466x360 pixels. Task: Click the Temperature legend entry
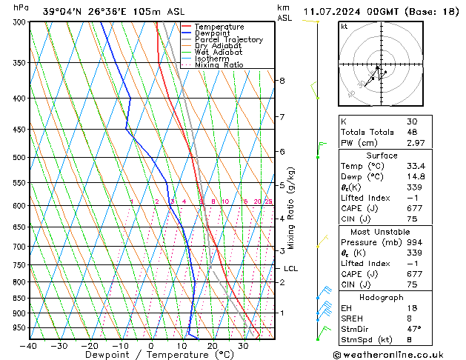pyautogui.click(x=220, y=27)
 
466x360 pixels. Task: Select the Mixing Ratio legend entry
pyautogui.click(x=219, y=65)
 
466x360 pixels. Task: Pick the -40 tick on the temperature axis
pyautogui.click(x=30, y=346)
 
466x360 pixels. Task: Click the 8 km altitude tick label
pyautogui.click(x=282, y=80)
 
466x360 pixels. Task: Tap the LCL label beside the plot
pyautogui.click(x=290, y=269)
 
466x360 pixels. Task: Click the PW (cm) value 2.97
pyautogui.click(x=414, y=142)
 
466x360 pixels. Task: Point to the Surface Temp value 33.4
pyautogui.click(x=414, y=166)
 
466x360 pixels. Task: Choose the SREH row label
pyautogui.click(x=353, y=318)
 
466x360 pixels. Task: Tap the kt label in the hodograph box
pyautogui.click(x=344, y=26)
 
